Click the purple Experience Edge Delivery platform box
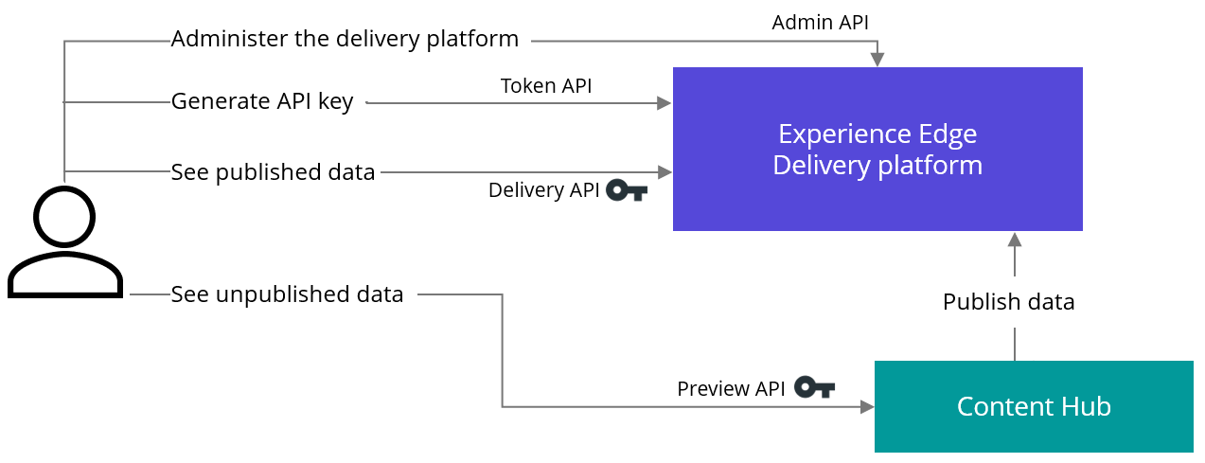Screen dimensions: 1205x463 (x=877, y=150)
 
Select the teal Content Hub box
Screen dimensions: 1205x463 (x=1034, y=406)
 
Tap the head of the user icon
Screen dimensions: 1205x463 (x=64, y=217)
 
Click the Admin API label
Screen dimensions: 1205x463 (x=820, y=23)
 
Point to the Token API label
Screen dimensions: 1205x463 (x=546, y=86)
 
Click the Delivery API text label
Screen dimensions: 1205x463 (x=544, y=190)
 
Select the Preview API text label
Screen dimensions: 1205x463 (x=731, y=389)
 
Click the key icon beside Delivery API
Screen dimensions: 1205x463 (x=627, y=190)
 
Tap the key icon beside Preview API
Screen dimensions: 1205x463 (x=814, y=387)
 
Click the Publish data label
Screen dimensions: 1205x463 (x=1009, y=302)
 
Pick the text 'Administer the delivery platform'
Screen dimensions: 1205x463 (x=345, y=40)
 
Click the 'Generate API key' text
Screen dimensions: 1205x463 (x=262, y=101)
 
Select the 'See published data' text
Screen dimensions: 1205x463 (x=273, y=173)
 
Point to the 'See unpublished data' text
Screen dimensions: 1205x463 (x=287, y=294)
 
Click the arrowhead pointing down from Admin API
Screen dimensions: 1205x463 (x=877, y=60)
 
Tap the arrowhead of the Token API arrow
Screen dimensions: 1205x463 (x=665, y=103)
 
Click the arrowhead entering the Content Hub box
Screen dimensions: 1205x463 (x=867, y=407)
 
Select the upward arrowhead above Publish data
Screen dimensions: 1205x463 (x=1015, y=240)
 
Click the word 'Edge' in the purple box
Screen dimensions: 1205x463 (x=948, y=134)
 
